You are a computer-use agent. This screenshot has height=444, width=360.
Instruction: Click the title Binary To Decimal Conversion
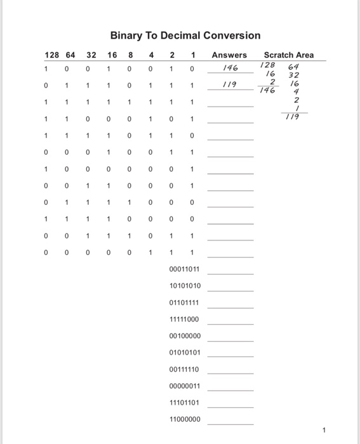click(185, 36)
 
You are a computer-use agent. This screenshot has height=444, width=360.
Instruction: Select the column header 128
click(51, 55)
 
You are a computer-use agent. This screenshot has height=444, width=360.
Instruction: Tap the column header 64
click(69, 55)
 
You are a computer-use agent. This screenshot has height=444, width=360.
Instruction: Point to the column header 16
click(109, 55)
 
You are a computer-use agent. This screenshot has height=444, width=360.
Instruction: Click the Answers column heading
click(229, 55)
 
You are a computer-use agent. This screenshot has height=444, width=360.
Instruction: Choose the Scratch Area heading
click(289, 55)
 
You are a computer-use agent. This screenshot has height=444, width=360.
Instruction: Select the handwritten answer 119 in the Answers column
click(230, 84)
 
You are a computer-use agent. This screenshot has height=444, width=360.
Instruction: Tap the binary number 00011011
click(185, 270)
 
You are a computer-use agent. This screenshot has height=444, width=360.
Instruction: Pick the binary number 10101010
click(185, 286)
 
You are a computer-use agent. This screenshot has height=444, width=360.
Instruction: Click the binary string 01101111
click(185, 303)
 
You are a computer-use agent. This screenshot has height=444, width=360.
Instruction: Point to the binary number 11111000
click(185, 319)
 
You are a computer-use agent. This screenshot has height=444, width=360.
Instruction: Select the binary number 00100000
click(185, 336)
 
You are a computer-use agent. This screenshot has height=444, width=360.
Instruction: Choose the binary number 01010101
click(185, 353)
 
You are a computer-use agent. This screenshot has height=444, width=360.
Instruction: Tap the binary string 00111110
click(185, 369)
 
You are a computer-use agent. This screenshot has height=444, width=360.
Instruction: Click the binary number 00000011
click(185, 386)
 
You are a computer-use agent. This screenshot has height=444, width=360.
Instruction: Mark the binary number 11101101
click(185, 402)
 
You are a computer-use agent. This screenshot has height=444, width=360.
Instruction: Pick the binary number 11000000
click(185, 419)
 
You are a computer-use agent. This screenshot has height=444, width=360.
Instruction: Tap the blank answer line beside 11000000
click(230, 422)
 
